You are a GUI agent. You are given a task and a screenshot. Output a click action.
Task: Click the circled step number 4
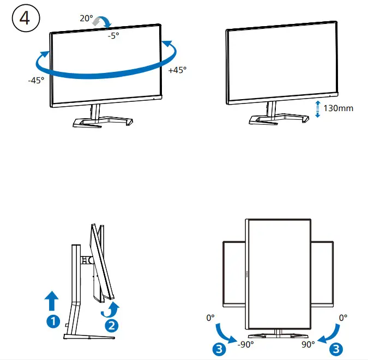(25, 18)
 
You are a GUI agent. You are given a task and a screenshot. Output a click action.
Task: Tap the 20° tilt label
(86, 18)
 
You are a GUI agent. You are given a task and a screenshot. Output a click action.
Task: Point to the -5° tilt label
(113, 36)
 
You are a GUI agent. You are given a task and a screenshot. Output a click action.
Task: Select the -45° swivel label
(36, 80)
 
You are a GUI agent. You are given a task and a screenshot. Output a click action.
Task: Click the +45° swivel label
(177, 70)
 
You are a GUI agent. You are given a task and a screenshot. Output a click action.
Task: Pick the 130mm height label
(338, 108)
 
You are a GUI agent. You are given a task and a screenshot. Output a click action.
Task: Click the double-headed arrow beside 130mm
(318, 108)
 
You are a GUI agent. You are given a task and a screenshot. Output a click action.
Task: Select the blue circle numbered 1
(52, 321)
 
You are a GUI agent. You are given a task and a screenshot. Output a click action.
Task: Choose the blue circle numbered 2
(111, 326)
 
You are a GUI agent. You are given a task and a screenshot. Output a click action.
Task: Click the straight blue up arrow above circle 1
(52, 300)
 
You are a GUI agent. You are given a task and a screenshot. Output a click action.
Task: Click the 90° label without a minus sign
(308, 344)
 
